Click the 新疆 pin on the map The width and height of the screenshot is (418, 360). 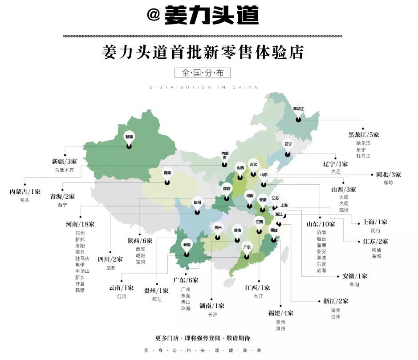129,138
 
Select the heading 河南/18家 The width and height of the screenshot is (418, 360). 79,224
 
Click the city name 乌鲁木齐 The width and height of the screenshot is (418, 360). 64,170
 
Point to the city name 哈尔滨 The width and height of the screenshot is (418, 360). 363,143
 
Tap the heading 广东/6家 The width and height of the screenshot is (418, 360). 186,280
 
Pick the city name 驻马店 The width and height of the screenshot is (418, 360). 82,258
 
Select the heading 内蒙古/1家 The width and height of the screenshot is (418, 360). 25,192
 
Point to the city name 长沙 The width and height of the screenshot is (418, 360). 212,314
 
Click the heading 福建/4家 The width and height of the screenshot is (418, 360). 280,313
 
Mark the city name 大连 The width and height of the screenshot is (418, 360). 336,171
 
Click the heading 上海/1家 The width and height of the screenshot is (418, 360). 375,222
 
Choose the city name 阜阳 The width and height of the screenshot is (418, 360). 355,284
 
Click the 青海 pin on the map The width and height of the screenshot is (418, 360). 167,175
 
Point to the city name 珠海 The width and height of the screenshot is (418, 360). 185,308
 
